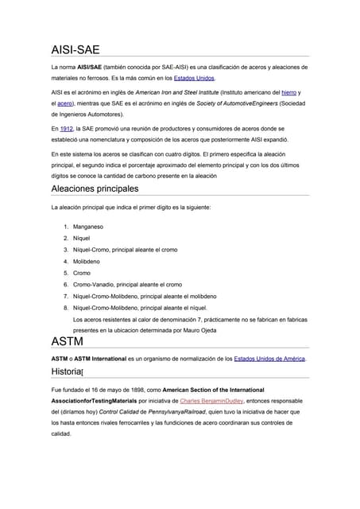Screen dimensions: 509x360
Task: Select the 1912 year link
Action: coord(66,128)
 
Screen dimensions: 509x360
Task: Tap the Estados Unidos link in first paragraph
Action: coord(195,79)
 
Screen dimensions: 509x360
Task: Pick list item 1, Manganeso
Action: coord(88,227)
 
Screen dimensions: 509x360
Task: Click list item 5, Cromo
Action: coord(82,273)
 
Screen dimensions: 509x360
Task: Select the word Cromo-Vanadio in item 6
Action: coord(96,284)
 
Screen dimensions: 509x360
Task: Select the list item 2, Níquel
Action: coord(83,238)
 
